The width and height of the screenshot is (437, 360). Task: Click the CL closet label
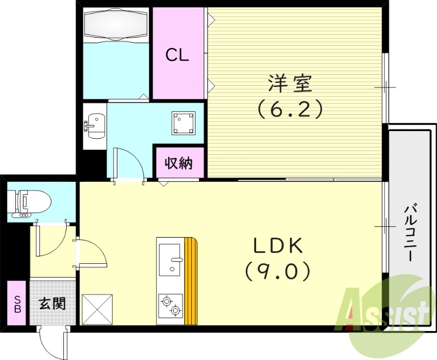point(178,55)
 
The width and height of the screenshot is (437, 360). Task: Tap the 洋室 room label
point(290,84)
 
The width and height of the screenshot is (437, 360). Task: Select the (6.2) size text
point(290,110)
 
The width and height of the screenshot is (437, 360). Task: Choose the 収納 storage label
point(179,163)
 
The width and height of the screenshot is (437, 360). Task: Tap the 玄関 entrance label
point(52,303)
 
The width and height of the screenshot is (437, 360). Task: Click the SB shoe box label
point(16,303)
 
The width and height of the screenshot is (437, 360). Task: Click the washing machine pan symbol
point(184,123)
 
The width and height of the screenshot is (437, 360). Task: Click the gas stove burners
point(170,305)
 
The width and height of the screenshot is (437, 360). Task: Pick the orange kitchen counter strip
point(191,281)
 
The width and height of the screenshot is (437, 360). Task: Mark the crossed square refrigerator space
point(97,310)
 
